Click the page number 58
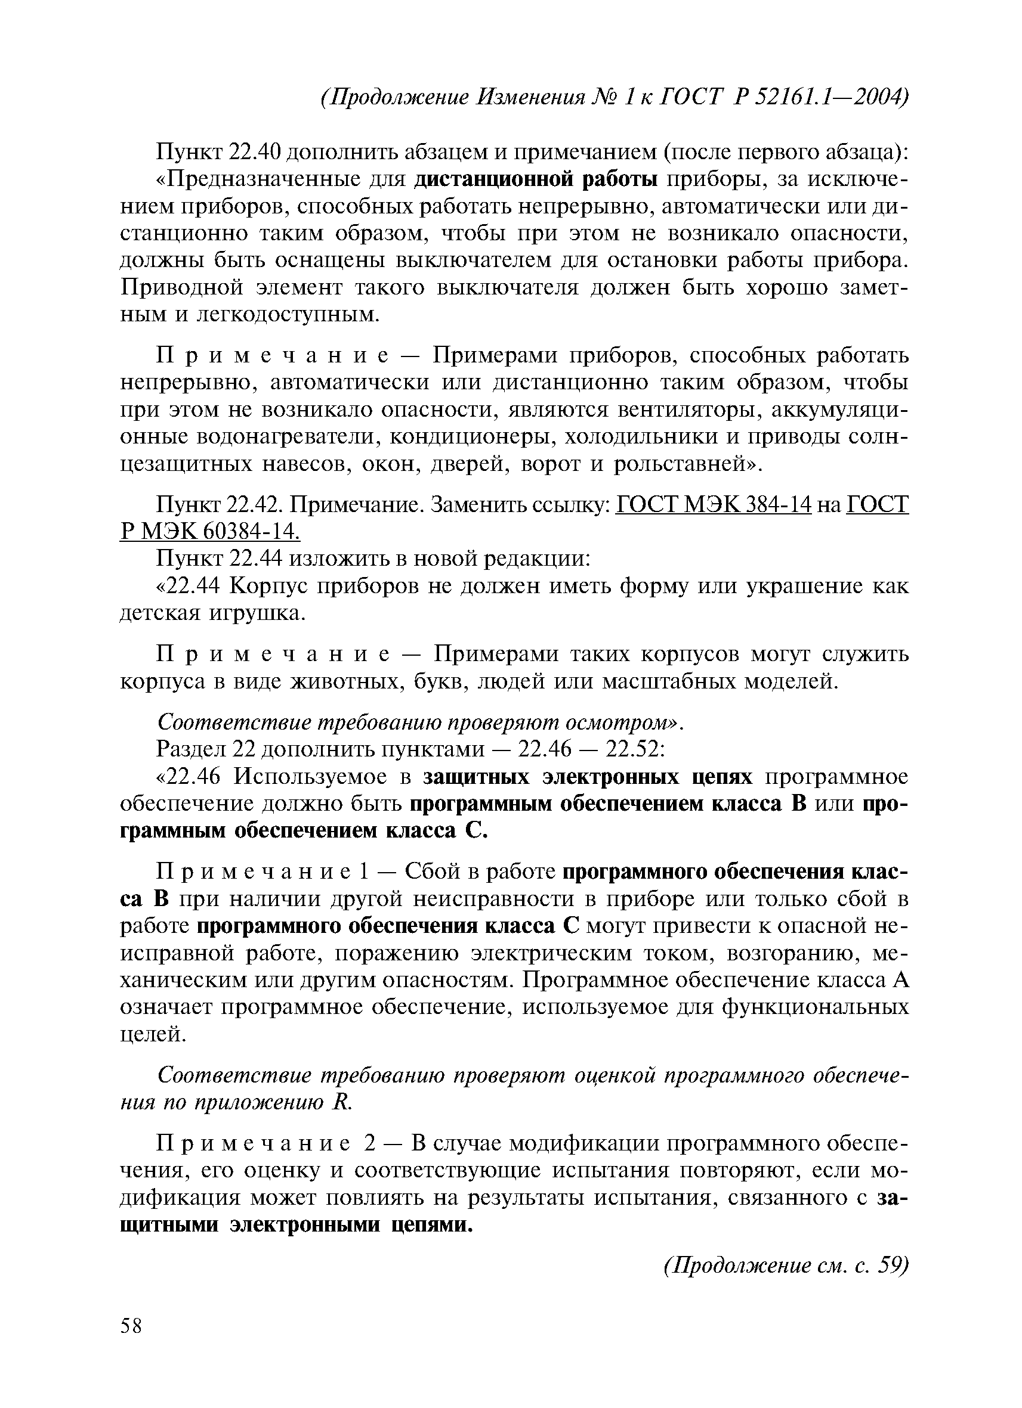(132, 1327)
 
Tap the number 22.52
(634, 749)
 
